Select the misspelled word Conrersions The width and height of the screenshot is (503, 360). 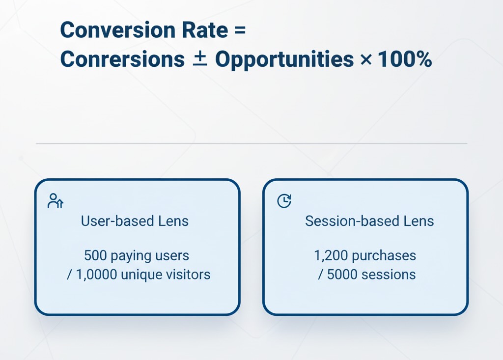(x=122, y=60)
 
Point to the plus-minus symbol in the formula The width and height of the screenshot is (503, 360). (x=200, y=59)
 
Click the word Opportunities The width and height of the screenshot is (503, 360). (x=284, y=60)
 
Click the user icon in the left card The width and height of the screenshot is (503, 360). (x=55, y=201)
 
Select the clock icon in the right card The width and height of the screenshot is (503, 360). (x=284, y=201)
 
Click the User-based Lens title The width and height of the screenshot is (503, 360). (x=135, y=221)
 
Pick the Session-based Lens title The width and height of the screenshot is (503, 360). (x=369, y=221)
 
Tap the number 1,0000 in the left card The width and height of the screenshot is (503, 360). (x=98, y=274)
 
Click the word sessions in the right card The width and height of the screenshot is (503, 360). (x=389, y=274)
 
